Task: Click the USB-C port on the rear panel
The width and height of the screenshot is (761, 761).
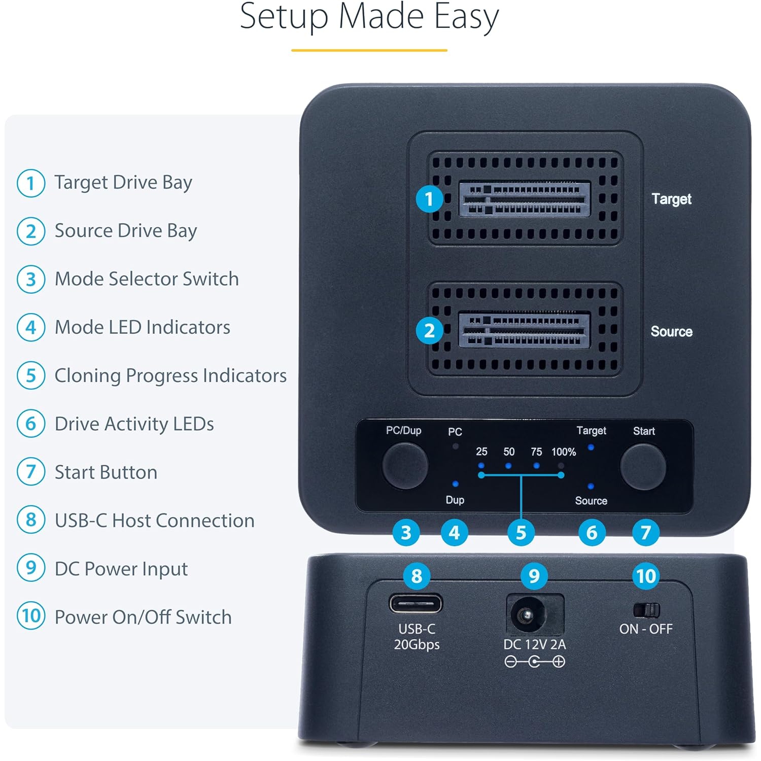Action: click(x=416, y=604)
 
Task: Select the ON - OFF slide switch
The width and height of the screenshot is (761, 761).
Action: click(x=646, y=610)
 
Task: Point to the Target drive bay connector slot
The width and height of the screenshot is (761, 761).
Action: click(x=525, y=199)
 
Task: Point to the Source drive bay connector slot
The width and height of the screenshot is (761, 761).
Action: click(x=525, y=330)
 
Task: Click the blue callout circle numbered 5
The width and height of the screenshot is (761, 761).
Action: click(x=521, y=533)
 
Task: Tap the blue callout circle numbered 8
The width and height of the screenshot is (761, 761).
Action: click(x=417, y=576)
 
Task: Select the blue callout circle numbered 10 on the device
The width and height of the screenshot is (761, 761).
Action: click(x=646, y=576)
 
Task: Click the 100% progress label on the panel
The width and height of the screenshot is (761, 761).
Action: click(x=564, y=452)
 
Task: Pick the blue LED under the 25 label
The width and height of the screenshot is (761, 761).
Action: click(x=481, y=465)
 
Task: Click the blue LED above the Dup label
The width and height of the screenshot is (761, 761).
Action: click(x=455, y=484)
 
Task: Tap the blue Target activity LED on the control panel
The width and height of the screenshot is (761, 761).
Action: click(x=591, y=447)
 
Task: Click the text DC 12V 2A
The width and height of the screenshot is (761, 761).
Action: click(x=534, y=644)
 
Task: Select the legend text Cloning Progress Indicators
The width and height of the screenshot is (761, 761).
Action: click(x=170, y=375)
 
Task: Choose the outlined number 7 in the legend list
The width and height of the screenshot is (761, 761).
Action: click(x=31, y=472)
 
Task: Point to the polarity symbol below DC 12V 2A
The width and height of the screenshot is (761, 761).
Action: click(x=534, y=662)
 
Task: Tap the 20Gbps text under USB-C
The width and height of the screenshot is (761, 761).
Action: click(x=417, y=644)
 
